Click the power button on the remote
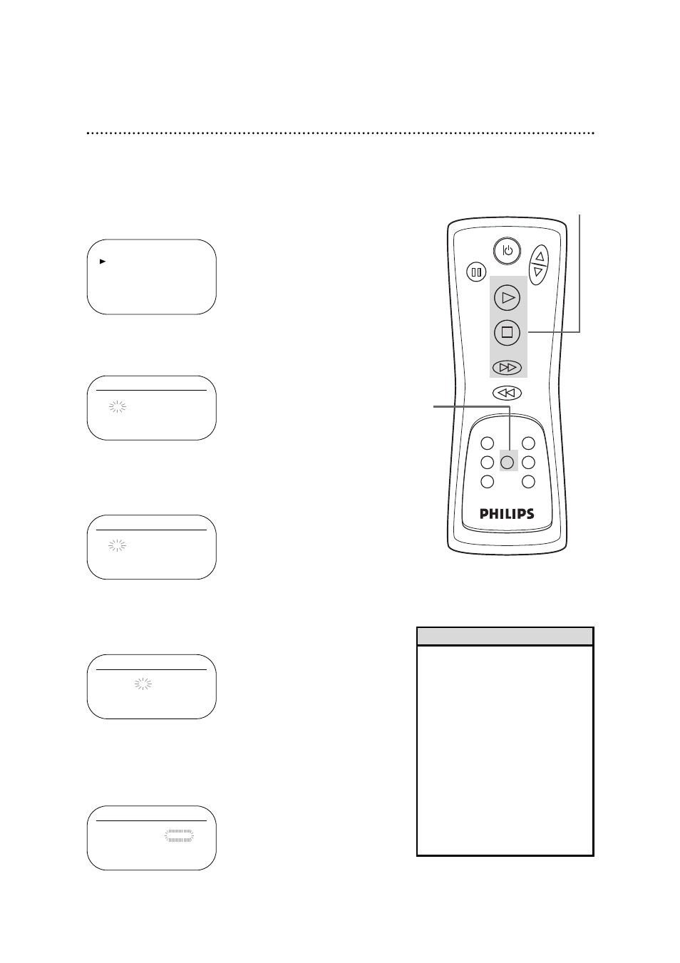[x=507, y=251]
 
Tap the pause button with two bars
[x=476, y=272]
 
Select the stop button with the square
[x=507, y=332]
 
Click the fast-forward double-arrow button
[x=507, y=368]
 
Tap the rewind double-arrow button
[x=507, y=393]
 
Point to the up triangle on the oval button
[x=540, y=257]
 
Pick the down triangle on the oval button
[x=539, y=272]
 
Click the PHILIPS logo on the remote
[x=507, y=514]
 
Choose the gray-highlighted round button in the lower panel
[x=507, y=462]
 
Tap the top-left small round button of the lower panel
[x=487, y=443]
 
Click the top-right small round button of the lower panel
[x=528, y=443]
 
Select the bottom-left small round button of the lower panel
[x=487, y=482]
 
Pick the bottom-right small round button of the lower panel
[x=528, y=482]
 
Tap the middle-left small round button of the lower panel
[x=487, y=462]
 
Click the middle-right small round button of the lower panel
[x=528, y=462]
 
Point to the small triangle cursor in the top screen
[x=103, y=262]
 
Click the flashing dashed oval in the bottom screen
[x=179, y=836]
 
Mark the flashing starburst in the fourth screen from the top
[x=143, y=684]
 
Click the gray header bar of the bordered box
[x=505, y=636]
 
